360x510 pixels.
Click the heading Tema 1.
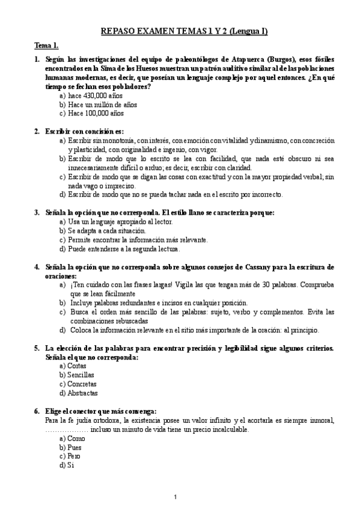coord(46,46)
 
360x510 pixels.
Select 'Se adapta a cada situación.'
coord(98,230)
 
